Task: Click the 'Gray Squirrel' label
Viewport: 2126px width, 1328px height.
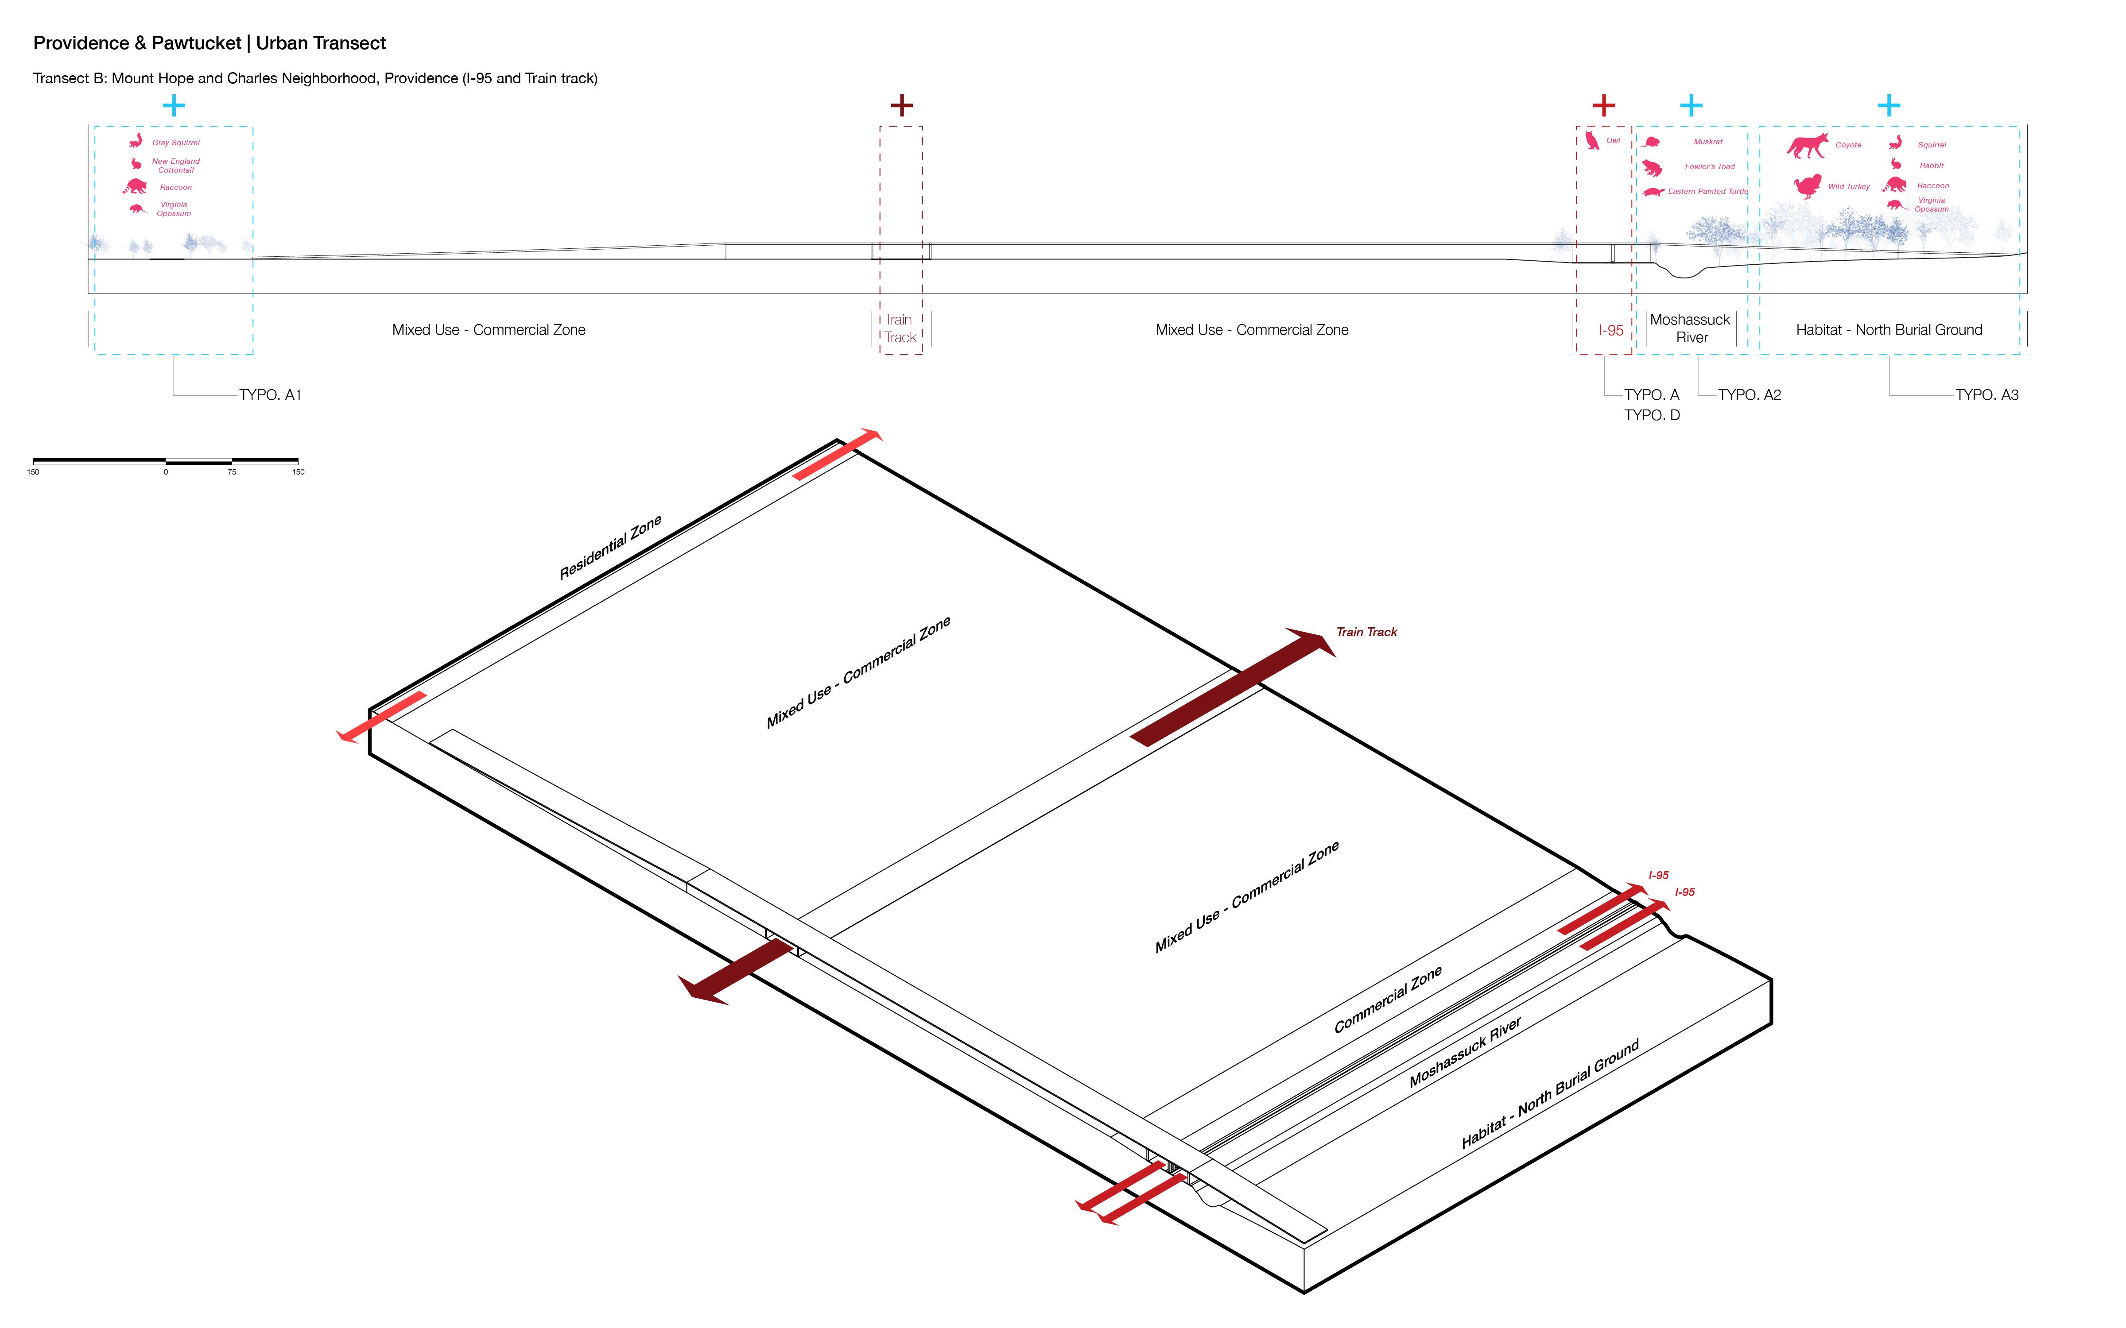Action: coord(176,142)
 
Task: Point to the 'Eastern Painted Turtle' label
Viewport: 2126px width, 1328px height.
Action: coord(1708,192)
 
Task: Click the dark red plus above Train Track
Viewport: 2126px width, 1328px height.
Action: coord(901,105)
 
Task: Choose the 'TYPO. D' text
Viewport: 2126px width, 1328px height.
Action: coord(1652,415)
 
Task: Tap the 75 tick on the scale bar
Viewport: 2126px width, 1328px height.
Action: coord(232,471)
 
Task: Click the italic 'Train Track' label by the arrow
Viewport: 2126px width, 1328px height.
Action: coord(1366,633)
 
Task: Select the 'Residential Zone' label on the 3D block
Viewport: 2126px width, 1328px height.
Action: coord(611,547)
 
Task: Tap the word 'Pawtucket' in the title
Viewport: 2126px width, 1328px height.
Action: coord(196,43)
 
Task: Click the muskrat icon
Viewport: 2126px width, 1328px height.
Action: coord(1652,141)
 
